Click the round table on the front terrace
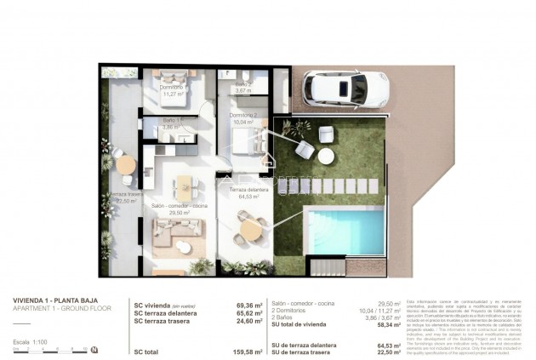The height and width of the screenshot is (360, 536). pos(250,228)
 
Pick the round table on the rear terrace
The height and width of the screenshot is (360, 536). pos(125,164)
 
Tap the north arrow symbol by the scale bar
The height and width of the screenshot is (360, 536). pos(94,350)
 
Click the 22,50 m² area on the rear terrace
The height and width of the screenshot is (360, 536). pos(125,202)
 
